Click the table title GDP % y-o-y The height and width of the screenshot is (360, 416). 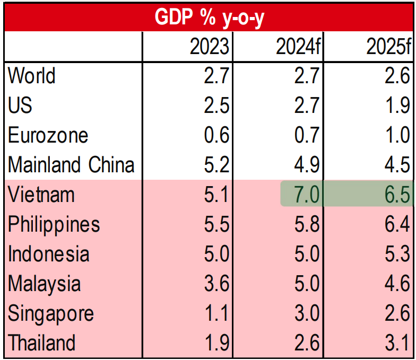209,17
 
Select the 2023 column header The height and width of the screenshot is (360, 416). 209,47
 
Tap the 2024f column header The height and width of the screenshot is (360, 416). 298,47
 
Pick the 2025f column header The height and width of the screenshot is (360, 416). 388,47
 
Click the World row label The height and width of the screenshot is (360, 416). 32,75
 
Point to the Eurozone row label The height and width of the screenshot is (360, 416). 48,135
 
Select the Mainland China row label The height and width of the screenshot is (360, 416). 71,164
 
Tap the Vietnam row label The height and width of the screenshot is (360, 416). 41,194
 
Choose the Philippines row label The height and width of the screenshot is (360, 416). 54,225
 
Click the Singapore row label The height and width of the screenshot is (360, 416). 51,314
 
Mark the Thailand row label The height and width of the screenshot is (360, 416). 41,343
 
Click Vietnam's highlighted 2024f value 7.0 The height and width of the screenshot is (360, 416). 307,195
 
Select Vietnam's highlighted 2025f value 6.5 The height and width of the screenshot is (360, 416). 397,195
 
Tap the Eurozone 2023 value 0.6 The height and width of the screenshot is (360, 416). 216,135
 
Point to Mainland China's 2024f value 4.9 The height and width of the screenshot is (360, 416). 307,164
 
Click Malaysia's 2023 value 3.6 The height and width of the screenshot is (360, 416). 216,283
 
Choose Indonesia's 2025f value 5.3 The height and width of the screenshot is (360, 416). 397,253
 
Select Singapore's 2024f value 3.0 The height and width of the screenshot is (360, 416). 307,313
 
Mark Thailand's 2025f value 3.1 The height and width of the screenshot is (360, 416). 397,343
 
